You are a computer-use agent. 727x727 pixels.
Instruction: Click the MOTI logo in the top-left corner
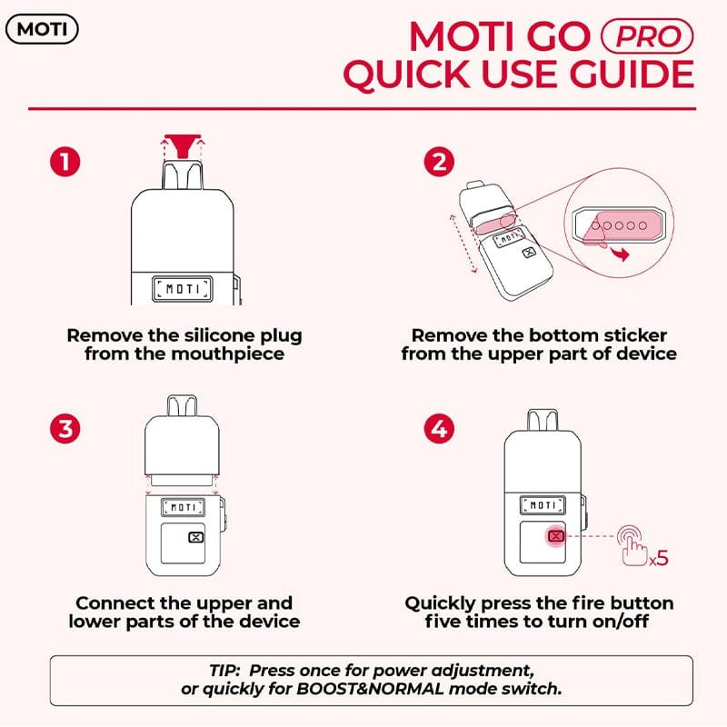(42, 29)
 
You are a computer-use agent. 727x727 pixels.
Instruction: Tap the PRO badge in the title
(647, 36)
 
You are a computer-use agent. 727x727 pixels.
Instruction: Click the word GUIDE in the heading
(632, 75)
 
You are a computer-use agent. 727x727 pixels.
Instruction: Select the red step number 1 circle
(65, 162)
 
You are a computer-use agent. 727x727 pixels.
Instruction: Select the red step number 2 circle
(439, 162)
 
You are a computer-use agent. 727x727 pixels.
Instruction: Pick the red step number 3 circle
(65, 428)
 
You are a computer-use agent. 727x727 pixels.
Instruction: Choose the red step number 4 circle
(439, 428)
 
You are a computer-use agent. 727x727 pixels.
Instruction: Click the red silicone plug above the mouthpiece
(183, 144)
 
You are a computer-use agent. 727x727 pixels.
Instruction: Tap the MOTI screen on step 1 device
(183, 289)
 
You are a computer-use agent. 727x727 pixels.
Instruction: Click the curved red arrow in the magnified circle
(620, 254)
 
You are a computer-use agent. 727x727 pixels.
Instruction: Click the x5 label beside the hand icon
(658, 558)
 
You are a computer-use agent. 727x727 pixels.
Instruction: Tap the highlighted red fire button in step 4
(556, 536)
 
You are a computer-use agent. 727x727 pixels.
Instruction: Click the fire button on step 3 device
(196, 537)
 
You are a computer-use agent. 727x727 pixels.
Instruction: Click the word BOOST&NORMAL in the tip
(370, 689)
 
